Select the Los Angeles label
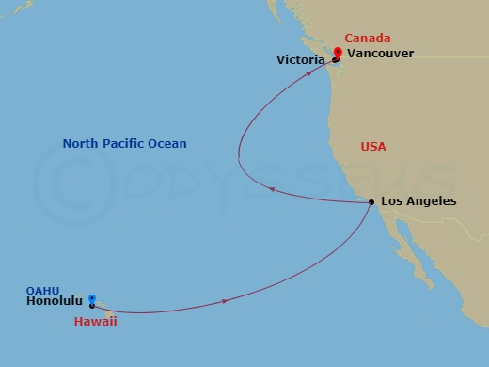pos(418,201)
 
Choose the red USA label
pos(373,147)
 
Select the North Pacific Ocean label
pos(124,144)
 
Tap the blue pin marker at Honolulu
pos(91,297)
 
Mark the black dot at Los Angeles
pos(371,202)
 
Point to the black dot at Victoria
pos(335,60)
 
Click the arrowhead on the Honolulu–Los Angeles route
pos(227,300)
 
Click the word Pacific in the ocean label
pos(123,144)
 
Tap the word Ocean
pos(168,144)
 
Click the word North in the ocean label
pos(79,144)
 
